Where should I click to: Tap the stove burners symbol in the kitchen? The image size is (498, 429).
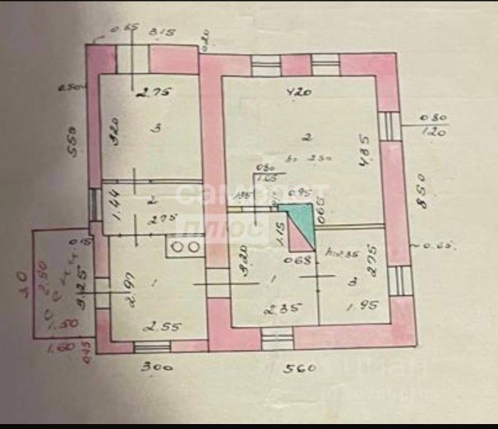(x=183, y=245)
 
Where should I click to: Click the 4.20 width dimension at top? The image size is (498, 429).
(x=297, y=92)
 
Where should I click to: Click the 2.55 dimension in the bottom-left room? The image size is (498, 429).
(x=151, y=326)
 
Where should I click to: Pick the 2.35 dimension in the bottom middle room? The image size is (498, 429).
(x=279, y=309)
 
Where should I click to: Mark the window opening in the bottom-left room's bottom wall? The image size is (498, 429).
(x=151, y=346)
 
